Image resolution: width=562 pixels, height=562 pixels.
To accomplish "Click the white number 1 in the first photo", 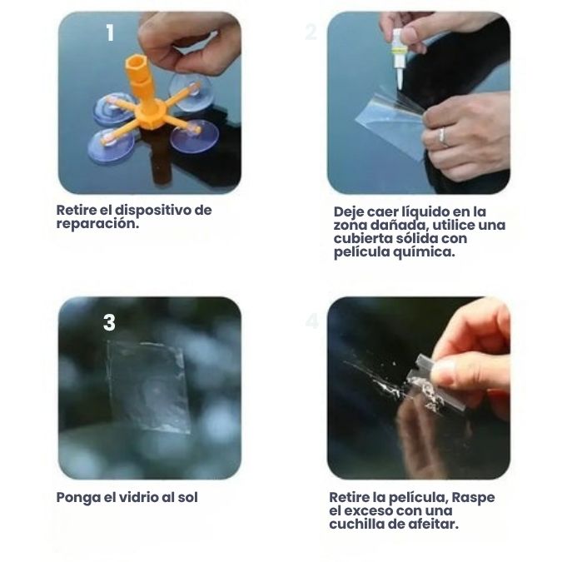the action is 110,33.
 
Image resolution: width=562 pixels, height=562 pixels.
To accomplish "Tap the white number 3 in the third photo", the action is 109,322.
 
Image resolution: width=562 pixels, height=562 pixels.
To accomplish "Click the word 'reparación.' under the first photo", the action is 97,224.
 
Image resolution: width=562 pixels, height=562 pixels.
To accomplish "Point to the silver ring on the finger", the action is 443,137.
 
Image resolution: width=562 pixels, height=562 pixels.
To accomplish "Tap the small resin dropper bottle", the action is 398,58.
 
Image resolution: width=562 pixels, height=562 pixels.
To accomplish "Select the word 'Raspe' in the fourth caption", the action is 473,498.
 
